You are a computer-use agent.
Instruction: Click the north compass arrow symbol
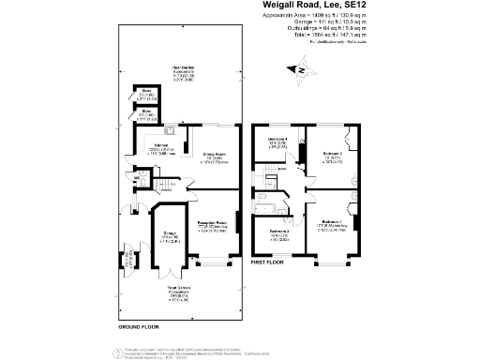click(x=303, y=68)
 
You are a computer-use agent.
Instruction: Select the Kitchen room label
click(x=161, y=146)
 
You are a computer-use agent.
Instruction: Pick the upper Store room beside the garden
click(x=147, y=95)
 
